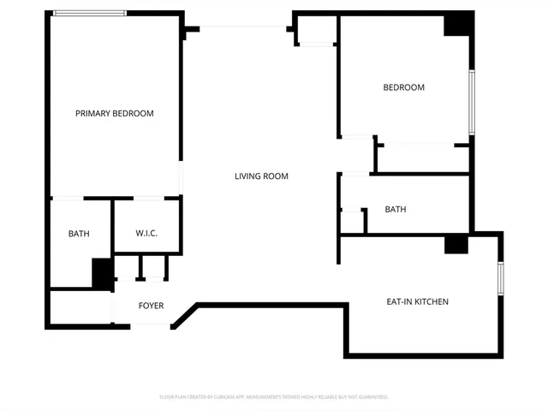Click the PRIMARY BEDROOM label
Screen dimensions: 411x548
(114, 113)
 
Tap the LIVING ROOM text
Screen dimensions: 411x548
(261, 176)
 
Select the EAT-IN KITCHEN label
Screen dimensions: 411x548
(417, 301)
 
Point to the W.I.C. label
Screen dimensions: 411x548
(146, 234)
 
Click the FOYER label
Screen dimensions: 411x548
(151, 306)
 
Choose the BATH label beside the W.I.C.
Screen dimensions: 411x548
(79, 234)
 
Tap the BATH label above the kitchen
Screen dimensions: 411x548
(395, 209)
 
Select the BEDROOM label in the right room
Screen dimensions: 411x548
(403, 87)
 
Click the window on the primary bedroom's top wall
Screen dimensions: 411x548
(89, 13)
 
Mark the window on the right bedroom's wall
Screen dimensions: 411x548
(471, 102)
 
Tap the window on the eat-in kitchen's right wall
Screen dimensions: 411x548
(500, 280)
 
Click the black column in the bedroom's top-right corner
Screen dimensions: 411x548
(457, 24)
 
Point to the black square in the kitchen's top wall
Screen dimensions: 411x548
(456, 244)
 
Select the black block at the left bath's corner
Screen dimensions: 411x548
(102, 273)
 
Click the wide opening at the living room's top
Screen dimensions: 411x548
(243, 27)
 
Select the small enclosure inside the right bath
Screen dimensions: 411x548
(352, 221)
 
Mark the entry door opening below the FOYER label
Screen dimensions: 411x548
(151, 324)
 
